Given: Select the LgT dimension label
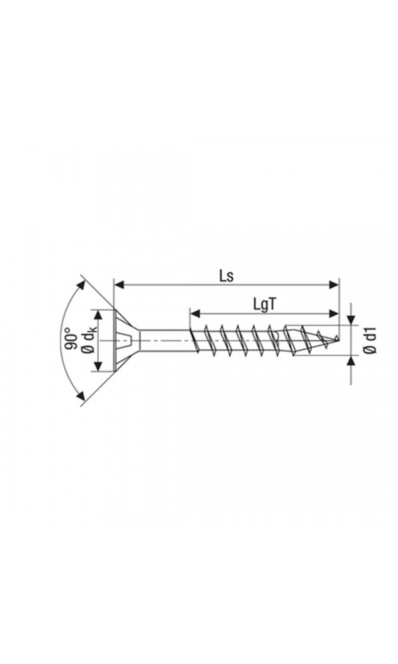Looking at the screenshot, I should pos(265,303).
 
